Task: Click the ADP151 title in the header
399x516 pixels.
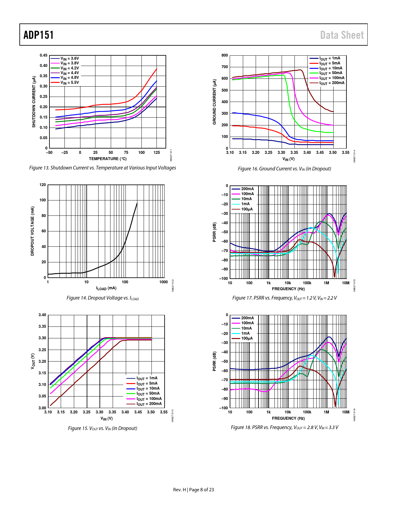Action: [38, 35]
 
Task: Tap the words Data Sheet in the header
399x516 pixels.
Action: [342, 35]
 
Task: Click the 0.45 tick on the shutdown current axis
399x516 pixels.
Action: [43, 55]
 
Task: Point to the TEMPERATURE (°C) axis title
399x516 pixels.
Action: [108, 159]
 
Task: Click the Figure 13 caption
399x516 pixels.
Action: [103, 168]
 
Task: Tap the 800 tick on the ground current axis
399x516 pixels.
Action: [225, 55]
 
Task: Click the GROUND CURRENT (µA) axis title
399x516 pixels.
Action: [214, 102]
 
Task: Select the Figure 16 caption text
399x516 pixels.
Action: [284, 169]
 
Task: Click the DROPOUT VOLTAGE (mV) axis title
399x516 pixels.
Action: [32, 231]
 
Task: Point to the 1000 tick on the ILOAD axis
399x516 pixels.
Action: [163, 282]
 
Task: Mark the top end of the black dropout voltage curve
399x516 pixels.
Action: [137, 204]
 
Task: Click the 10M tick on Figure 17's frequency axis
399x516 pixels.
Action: [345, 283]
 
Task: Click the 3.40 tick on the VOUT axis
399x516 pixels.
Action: [42, 315]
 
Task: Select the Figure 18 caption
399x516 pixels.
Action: [284, 427]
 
